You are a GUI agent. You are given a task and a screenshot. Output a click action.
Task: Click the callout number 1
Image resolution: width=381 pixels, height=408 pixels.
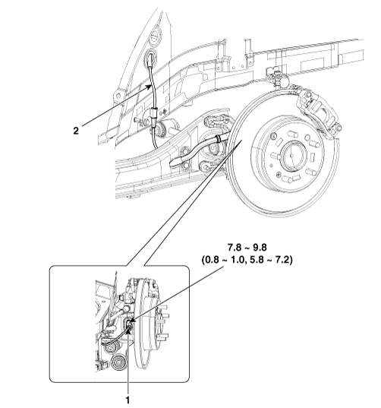pos(128,400)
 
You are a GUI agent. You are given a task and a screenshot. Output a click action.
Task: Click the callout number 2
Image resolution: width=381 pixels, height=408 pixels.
pos(76,131)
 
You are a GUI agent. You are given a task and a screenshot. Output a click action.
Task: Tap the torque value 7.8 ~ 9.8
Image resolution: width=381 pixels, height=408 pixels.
pos(247,248)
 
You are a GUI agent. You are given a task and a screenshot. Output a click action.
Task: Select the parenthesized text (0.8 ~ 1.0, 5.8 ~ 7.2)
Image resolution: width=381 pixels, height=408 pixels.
pos(247,260)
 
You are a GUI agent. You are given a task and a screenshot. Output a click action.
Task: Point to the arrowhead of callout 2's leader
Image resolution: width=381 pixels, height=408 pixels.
pos(150,87)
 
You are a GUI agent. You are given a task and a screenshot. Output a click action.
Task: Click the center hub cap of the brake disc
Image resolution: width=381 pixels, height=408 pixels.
pos(292,156)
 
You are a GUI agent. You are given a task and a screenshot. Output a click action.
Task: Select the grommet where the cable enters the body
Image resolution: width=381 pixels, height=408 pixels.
pos(151,58)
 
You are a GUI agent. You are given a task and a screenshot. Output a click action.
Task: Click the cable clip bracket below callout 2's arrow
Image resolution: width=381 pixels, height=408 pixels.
pos(153,113)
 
